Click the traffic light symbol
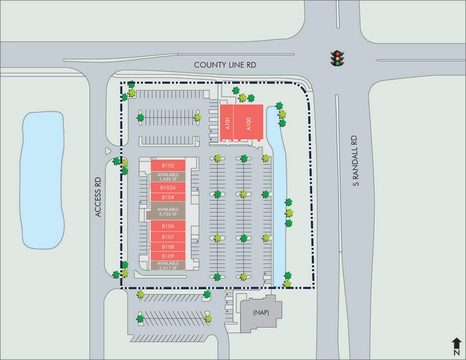pos(336,58)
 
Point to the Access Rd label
pos(97,197)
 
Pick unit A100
pos(249,122)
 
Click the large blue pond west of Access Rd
pos(43,180)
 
